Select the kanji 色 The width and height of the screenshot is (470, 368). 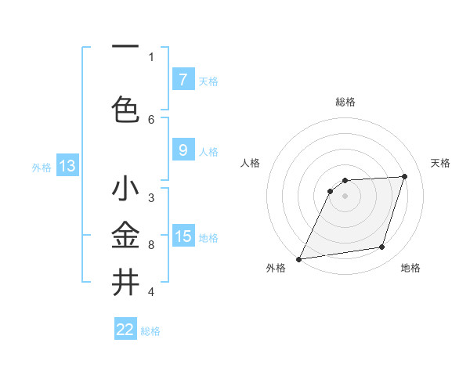[125, 109]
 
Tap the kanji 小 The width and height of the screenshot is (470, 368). [125, 189]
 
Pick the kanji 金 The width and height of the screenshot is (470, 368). [125, 235]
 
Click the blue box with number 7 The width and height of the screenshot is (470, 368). [183, 79]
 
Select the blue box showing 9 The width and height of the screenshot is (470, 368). [183, 150]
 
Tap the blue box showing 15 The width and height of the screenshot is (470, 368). [183, 236]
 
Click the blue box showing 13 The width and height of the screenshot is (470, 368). [67, 165]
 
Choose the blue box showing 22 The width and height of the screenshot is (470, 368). [125, 330]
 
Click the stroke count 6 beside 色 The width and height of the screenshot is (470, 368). [151, 119]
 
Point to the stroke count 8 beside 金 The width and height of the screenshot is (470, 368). [151, 245]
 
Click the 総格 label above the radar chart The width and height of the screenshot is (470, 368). [345, 102]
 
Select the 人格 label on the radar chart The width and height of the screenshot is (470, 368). [250, 163]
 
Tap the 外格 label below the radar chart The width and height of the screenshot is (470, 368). [276, 269]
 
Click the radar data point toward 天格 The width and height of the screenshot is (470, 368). [405, 176]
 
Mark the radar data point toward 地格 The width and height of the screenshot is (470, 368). [382, 247]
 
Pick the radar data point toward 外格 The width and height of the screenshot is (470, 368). [298, 259]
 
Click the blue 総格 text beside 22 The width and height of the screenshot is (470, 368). [150, 331]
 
